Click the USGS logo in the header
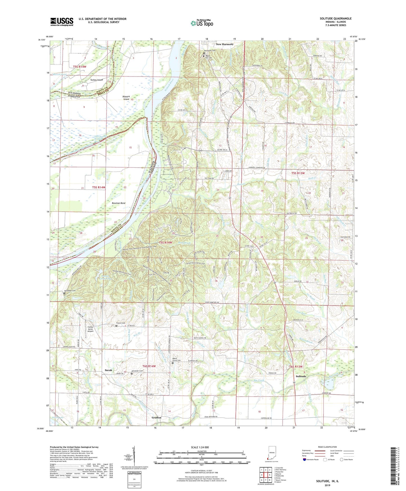(62, 22)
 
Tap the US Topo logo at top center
(202, 23)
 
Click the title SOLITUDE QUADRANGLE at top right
(335, 19)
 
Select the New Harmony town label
(224, 44)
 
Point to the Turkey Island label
(96, 80)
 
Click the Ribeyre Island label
(126, 98)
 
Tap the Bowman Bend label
(119, 203)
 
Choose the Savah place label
(109, 370)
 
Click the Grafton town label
(156, 417)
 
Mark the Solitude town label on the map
(301, 376)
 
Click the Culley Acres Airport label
(90, 329)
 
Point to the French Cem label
(121, 323)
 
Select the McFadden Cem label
(70, 290)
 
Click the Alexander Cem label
(137, 371)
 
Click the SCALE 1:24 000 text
(199, 447)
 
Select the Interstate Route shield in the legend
(305, 460)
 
